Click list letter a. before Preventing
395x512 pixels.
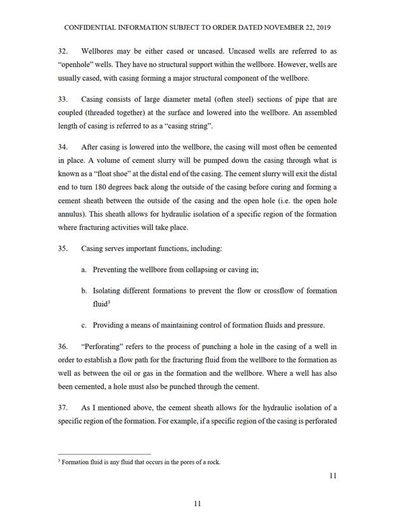tap(84, 269)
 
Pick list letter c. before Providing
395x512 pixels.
tap(84, 325)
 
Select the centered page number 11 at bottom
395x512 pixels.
tap(197, 503)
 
